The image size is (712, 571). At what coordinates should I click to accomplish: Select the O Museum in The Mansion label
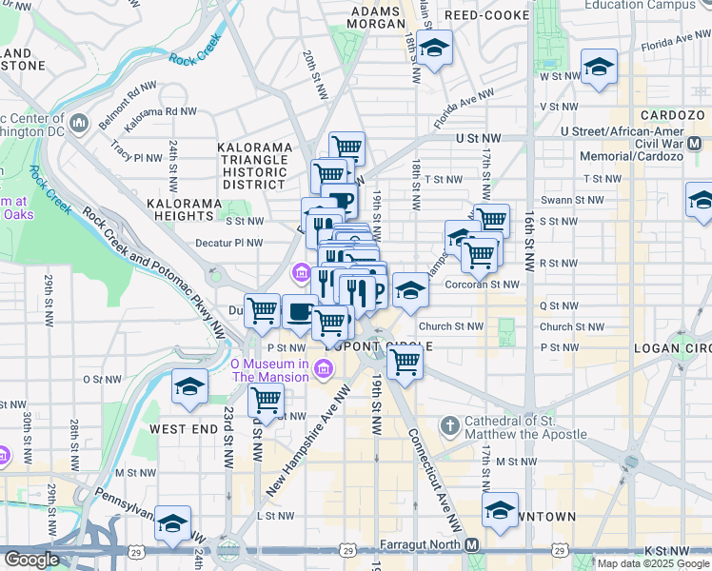pos(269,370)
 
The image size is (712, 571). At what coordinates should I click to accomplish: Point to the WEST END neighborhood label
pos(182,429)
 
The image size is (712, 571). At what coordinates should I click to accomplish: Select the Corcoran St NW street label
pos(483,284)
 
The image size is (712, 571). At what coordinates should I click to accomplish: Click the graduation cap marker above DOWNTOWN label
pos(500,510)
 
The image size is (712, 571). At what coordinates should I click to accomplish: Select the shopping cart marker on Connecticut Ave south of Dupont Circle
pos(405,362)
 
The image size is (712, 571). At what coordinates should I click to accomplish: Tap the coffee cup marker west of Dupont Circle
pos(300,312)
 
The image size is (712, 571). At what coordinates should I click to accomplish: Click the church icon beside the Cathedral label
pos(450,423)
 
